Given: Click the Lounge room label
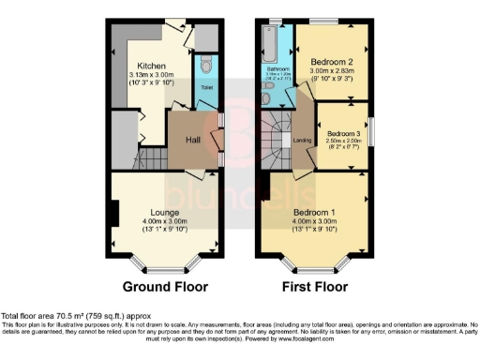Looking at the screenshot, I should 166,211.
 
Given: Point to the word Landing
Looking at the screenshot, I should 303,141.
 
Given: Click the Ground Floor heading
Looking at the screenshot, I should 166,286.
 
